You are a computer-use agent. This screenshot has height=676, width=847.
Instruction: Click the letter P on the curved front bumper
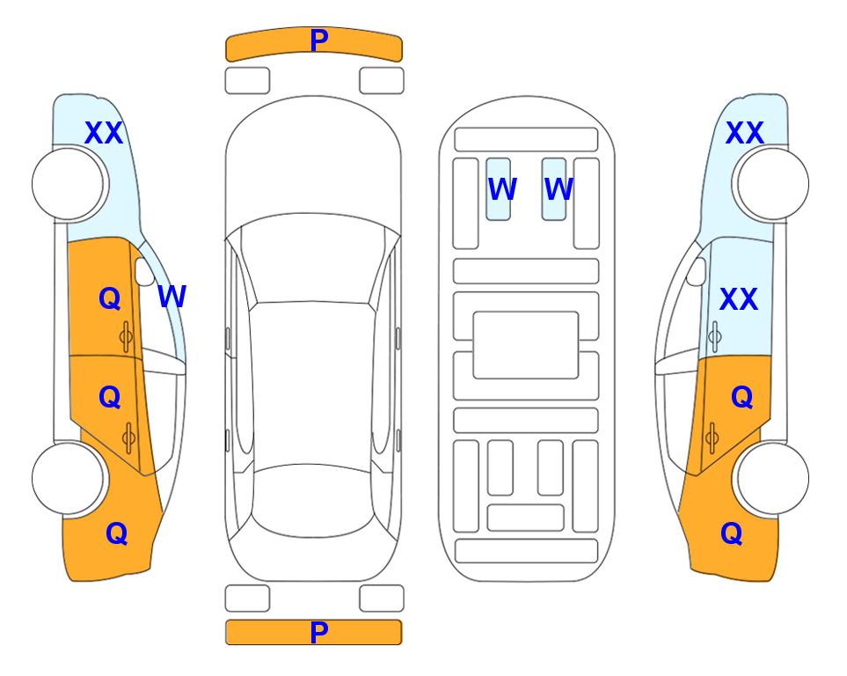[x=319, y=40]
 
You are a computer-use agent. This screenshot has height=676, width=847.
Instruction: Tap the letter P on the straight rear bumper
[x=319, y=632]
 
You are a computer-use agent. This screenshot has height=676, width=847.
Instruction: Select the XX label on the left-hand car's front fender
[x=104, y=133]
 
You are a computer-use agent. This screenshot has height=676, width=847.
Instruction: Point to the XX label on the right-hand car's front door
[x=739, y=299]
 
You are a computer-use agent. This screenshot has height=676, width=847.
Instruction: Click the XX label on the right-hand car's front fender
[x=745, y=133]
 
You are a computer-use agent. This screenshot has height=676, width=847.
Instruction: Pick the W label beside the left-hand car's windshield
[x=172, y=297]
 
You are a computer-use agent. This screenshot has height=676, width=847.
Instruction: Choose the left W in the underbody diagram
[x=502, y=189]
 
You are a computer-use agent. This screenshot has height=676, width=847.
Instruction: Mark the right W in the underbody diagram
[x=559, y=189]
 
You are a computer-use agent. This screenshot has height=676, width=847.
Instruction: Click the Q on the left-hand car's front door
[x=110, y=298]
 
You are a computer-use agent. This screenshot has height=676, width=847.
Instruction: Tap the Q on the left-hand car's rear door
[x=110, y=398]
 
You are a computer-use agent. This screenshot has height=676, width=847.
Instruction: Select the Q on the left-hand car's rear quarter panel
[x=117, y=533]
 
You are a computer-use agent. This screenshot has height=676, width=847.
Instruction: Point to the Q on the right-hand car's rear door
[x=742, y=398]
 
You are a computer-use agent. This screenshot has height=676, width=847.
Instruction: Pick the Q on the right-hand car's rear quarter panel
[x=732, y=533]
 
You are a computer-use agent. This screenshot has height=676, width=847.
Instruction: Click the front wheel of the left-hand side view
[x=68, y=184]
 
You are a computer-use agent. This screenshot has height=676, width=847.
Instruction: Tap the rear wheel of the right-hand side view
[x=773, y=479]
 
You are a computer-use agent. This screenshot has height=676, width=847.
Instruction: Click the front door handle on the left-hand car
[x=127, y=337]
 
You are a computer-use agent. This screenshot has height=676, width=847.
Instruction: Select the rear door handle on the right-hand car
[x=712, y=438]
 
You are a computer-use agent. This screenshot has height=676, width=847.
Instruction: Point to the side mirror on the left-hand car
[x=144, y=271]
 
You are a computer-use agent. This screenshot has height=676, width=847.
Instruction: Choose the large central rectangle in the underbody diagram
[x=526, y=345]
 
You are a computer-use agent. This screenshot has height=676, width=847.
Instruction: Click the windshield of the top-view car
[x=313, y=258]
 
